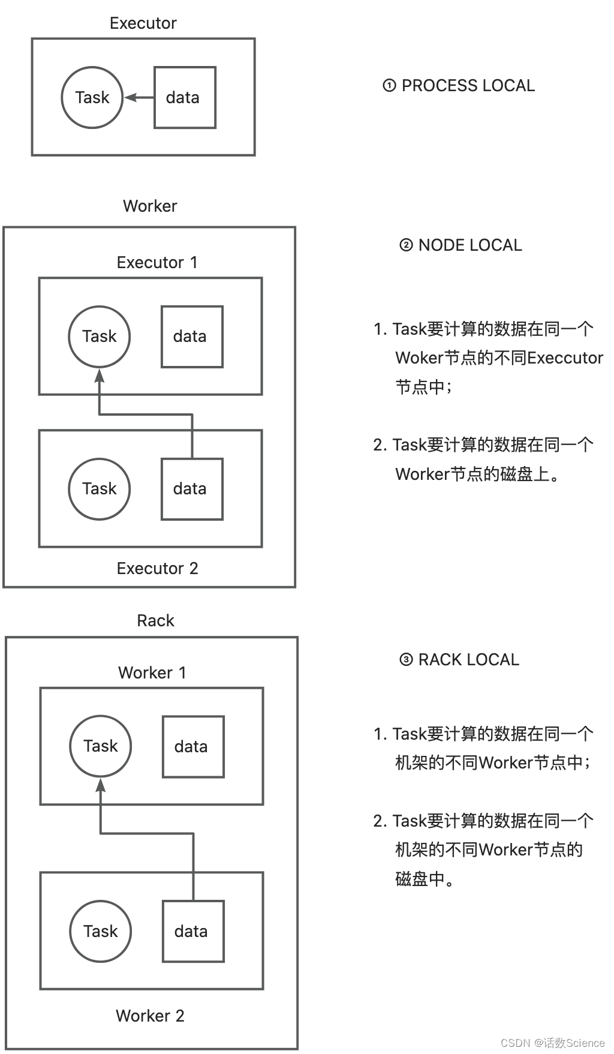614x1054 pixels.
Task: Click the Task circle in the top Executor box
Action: coord(92,97)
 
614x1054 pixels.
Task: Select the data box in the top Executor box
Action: coord(185,97)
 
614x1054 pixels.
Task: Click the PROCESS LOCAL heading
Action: coord(459,86)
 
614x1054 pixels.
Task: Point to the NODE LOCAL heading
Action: coord(461,245)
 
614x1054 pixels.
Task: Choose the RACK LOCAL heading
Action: coord(460,660)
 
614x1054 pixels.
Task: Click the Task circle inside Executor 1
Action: coord(100,337)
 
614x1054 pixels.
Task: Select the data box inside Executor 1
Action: coord(192,337)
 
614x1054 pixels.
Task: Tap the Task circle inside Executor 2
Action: coord(100,489)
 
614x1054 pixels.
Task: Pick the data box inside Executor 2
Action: coord(192,489)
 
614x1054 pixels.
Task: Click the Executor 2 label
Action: coord(157,568)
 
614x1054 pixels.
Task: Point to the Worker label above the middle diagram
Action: coord(150,206)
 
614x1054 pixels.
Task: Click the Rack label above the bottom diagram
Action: coord(155,620)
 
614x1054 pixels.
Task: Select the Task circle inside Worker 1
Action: coord(101,746)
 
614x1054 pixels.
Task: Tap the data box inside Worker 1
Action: coord(193,747)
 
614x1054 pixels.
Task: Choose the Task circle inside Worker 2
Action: coord(101,931)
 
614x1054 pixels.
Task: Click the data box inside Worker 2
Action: coord(193,931)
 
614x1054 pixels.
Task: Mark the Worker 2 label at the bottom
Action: coord(150,1016)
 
